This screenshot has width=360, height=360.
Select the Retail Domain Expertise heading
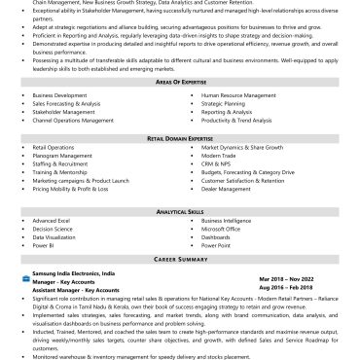(181, 138)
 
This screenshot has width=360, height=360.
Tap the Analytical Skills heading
(181, 211)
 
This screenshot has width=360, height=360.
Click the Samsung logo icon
(24, 275)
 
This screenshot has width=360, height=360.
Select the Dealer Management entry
(228, 188)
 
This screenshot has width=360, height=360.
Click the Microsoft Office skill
(225, 229)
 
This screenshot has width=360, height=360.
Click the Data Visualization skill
(54, 237)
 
